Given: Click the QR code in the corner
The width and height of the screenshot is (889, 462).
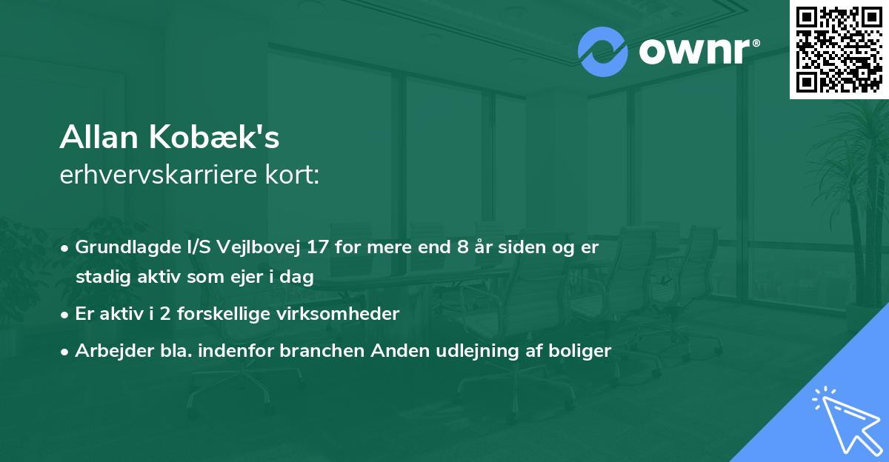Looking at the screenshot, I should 839,50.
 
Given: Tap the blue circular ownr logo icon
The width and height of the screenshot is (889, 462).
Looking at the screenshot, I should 602,52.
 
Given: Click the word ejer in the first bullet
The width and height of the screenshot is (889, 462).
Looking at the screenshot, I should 253,277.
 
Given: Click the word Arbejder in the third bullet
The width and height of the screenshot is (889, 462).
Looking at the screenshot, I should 108,350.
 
